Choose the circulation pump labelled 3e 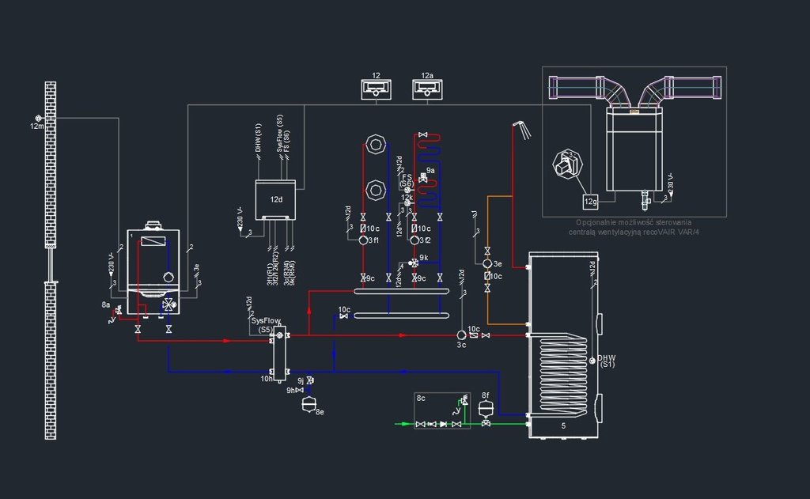(x=487, y=263)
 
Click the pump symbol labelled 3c (x=461, y=335)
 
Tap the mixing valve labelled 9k (x=414, y=263)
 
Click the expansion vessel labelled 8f (x=485, y=407)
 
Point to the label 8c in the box (x=422, y=399)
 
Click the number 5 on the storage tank (x=563, y=426)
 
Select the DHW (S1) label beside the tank (x=607, y=361)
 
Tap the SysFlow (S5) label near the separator (x=266, y=324)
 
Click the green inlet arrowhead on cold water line (x=398, y=424)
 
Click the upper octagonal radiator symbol (x=375, y=146)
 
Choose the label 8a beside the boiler (x=106, y=304)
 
